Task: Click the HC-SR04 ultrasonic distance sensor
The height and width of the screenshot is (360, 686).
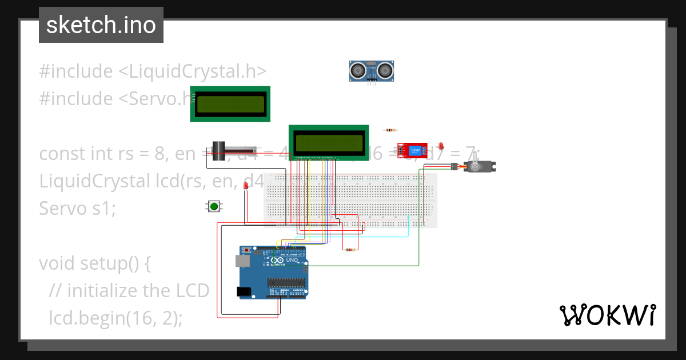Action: (x=372, y=70)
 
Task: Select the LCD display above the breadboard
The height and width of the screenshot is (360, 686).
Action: (x=329, y=142)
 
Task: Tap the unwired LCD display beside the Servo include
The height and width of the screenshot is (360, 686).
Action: (x=230, y=104)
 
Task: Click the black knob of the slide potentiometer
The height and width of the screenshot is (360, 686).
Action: (x=218, y=151)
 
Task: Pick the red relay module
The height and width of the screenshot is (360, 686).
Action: (x=412, y=151)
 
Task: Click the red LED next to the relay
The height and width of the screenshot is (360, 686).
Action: (x=441, y=146)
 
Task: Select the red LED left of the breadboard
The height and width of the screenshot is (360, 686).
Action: (x=246, y=186)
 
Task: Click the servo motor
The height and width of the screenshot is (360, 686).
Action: (x=478, y=166)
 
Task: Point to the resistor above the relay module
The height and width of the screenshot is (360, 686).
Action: (x=392, y=130)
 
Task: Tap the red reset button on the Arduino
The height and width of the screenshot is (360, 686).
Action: (x=247, y=251)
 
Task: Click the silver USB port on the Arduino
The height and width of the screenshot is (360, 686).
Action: (x=242, y=261)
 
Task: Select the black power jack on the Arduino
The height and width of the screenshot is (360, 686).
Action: (x=245, y=291)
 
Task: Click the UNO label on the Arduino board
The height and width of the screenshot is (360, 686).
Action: (x=292, y=260)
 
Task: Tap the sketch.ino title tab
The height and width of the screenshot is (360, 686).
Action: (x=101, y=25)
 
